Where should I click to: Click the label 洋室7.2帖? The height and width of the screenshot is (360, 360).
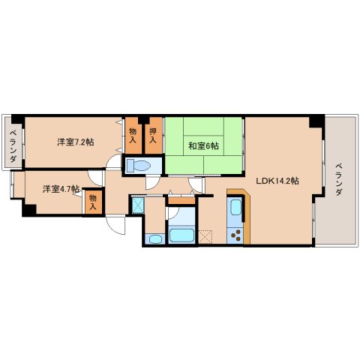(76, 142)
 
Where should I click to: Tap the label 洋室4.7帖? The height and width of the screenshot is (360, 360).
(61, 188)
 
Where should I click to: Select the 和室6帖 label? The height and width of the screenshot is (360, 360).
(203, 145)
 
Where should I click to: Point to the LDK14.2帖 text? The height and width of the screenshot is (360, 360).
(277, 181)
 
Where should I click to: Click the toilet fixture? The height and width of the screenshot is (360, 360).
(138, 166)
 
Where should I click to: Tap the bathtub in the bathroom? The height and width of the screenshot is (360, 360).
(181, 235)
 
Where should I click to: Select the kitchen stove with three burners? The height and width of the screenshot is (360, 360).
(235, 235)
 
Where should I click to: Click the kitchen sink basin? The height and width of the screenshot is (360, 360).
(236, 207)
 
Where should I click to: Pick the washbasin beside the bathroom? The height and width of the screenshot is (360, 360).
(155, 239)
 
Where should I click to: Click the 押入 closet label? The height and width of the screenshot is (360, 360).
(153, 135)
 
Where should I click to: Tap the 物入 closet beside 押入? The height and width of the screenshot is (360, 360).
(133, 135)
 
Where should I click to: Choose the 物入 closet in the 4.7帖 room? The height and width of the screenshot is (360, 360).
(93, 202)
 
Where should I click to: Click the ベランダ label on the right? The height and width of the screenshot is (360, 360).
(339, 179)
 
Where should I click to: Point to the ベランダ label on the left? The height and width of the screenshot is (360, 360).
(13, 145)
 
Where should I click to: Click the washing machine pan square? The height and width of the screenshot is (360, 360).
(138, 205)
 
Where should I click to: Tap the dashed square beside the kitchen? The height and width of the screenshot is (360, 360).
(205, 237)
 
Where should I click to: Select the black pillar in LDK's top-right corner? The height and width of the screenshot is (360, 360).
(316, 121)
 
